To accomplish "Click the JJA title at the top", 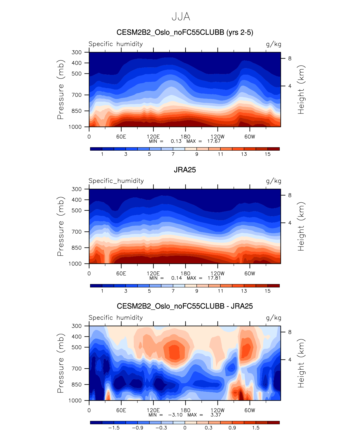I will [181, 17].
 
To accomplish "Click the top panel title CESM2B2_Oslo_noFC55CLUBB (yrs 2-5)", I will [185, 33].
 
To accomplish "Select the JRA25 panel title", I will [185, 170].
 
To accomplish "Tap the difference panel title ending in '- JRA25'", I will [185, 306].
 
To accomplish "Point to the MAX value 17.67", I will [214, 141].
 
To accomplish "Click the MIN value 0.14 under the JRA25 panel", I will [177, 278].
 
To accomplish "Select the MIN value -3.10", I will [175, 415].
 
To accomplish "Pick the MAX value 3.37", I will [216, 415].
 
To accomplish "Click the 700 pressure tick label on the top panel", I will [77, 95].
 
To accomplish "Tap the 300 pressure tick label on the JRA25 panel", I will [77, 189].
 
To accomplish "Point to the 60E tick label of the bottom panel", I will [121, 410].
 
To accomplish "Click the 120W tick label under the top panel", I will [217, 137].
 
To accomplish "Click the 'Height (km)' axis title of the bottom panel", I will [301, 363].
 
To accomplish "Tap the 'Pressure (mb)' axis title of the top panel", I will [61, 90].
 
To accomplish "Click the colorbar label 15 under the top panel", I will [268, 154].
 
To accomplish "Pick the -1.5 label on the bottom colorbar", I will [114, 428].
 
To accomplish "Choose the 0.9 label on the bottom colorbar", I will [232, 428].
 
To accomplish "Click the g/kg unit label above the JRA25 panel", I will [274, 181].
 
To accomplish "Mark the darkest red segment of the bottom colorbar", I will [274, 423].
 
